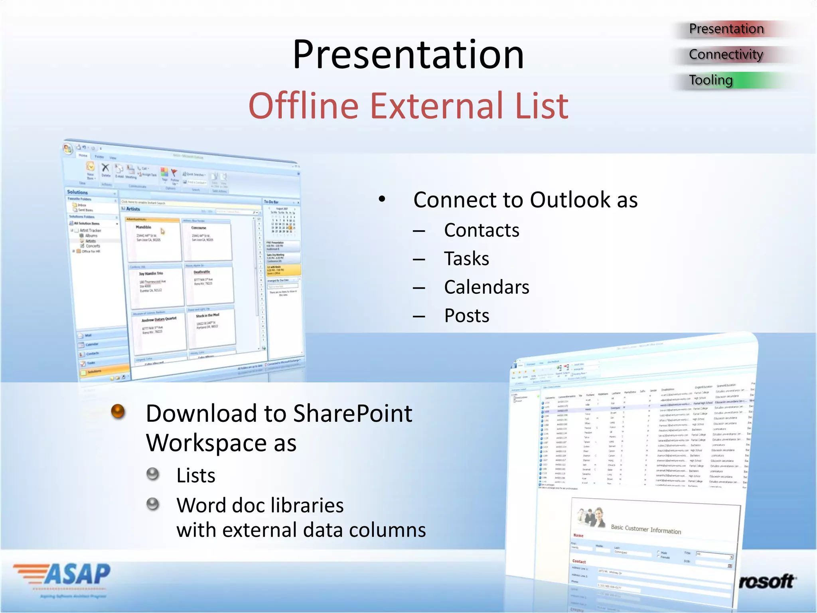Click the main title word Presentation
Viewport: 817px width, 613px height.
click(408, 55)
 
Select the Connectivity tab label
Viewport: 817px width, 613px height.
click(726, 54)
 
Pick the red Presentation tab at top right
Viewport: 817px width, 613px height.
click(726, 29)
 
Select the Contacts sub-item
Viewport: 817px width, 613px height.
click(482, 230)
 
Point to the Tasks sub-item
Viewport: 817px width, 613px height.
click(467, 259)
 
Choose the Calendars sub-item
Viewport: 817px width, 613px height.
click(487, 287)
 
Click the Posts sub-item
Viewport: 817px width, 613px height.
click(467, 316)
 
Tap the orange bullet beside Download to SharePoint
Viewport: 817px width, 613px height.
click(118, 411)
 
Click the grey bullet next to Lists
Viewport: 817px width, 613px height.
click(153, 474)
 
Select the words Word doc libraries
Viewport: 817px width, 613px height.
click(260, 505)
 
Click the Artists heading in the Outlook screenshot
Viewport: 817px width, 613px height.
click(133, 209)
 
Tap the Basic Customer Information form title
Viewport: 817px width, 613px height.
click(645, 529)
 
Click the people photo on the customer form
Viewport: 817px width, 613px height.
click(592, 517)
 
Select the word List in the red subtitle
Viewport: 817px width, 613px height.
click(541, 106)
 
